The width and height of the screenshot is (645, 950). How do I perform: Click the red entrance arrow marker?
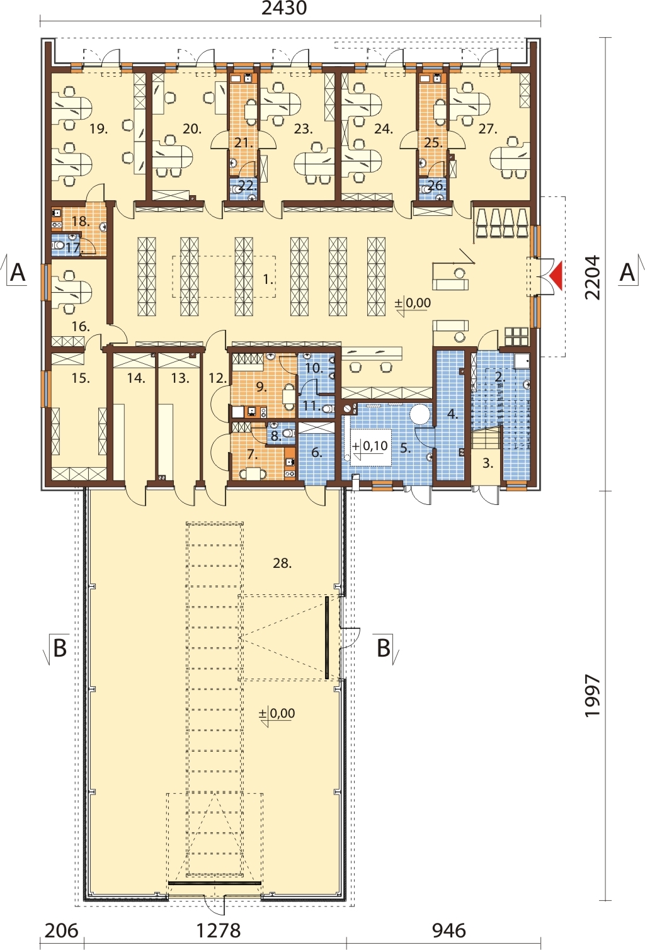point(556,276)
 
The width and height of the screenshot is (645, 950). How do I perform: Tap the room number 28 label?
point(282,563)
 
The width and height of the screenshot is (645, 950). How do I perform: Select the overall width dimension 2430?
point(284,8)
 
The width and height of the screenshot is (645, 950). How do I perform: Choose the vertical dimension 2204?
point(593,278)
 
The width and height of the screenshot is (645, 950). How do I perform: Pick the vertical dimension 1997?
point(593,696)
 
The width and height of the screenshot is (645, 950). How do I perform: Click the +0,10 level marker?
point(370,446)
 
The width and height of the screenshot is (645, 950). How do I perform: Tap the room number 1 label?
point(268,280)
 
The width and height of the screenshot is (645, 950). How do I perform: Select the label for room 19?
point(98,128)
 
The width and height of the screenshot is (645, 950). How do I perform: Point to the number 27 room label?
point(488,128)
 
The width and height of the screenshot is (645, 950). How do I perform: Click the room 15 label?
point(81,378)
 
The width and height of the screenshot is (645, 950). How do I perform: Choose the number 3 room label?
point(488,463)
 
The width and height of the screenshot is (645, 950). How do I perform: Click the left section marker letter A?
point(18,272)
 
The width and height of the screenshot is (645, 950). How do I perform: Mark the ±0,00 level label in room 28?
point(277,713)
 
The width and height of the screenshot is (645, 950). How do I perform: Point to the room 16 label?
point(81,327)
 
